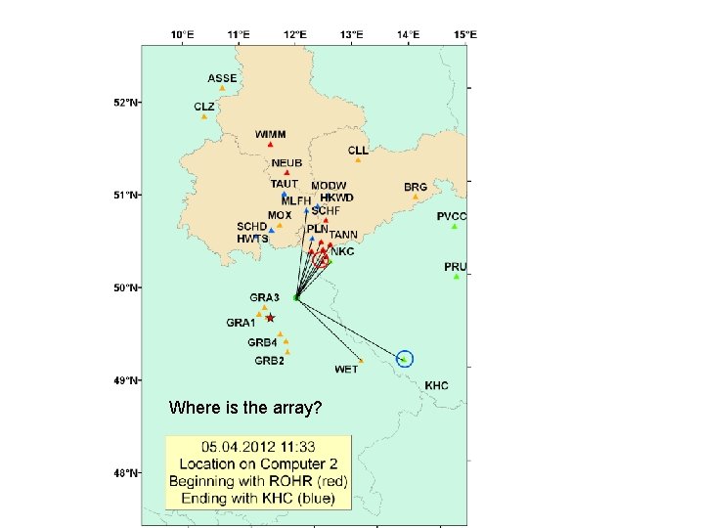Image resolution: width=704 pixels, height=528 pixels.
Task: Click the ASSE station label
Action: (x=222, y=77)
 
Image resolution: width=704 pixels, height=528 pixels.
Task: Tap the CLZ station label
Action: (x=203, y=106)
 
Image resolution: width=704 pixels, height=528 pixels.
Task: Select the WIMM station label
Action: (x=270, y=133)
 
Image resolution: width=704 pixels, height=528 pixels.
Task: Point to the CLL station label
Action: (x=358, y=151)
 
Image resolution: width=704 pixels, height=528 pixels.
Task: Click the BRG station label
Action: (x=416, y=186)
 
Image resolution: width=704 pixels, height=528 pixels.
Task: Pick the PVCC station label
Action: (x=453, y=215)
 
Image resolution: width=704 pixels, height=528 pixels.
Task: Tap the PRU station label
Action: (x=456, y=266)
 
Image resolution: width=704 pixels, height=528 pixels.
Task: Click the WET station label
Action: (x=346, y=369)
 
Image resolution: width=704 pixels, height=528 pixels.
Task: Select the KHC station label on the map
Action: (x=436, y=385)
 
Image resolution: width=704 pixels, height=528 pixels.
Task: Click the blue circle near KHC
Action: (x=407, y=359)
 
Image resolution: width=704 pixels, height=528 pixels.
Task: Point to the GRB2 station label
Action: (x=270, y=360)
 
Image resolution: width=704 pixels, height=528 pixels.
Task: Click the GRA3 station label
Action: (x=265, y=296)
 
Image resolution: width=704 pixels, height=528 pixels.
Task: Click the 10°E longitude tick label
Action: (x=183, y=34)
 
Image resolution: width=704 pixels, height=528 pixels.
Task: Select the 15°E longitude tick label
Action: (x=465, y=34)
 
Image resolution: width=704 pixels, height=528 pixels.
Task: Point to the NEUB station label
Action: (x=286, y=162)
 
